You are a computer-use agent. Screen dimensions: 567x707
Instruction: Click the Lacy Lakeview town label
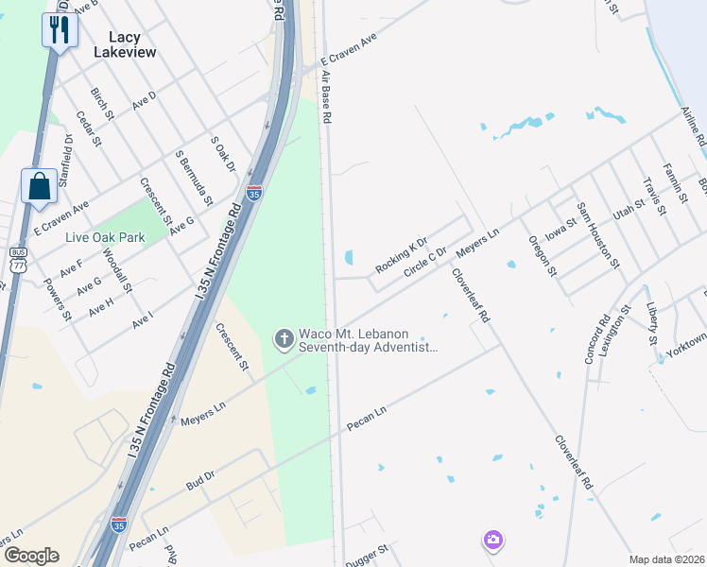coord(125,44)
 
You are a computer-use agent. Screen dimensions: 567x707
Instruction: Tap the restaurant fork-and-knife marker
coord(59,29)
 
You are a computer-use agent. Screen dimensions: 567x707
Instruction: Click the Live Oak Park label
coord(105,237)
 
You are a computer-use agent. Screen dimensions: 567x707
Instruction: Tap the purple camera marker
coord(492,541)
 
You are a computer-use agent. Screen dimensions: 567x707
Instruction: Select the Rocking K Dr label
coord(402,255)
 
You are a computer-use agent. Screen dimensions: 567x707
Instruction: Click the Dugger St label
coord(370,551)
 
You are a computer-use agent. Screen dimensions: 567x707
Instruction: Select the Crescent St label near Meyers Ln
coord(233,347)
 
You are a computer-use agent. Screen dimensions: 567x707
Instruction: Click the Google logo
coord(30,556)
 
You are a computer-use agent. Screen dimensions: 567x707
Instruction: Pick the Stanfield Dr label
coord(66,160)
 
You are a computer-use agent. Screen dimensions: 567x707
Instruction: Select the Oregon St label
coord(543,257)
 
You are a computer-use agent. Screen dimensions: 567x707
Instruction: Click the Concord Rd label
coord(597,345)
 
